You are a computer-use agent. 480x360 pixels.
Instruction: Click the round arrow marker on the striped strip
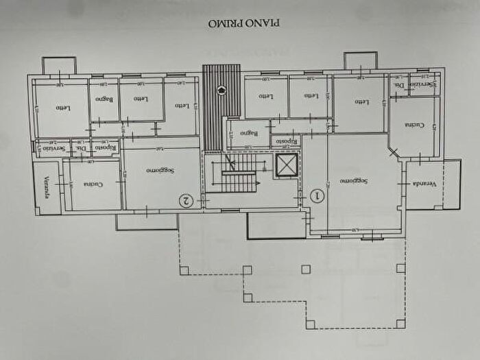pos(221,89)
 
